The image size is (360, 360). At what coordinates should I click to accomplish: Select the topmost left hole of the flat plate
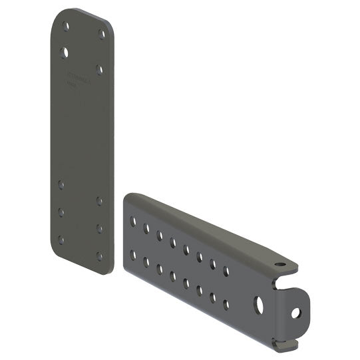[x=65, y=27]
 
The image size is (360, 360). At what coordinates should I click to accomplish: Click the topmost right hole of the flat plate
[x=101, y=33]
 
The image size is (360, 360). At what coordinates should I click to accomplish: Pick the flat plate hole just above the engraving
[x=99, y=69]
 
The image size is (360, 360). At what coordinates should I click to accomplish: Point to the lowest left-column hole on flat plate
[x=61, y=240]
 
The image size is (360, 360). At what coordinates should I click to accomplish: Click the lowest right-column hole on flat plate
[x=100, y=255]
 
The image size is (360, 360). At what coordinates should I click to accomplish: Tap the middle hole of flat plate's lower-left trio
[x=61, y=212]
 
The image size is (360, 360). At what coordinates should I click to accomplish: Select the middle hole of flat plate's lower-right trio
[x=100, y=228]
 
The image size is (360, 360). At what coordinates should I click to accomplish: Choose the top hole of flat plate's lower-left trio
[x=61, y=184]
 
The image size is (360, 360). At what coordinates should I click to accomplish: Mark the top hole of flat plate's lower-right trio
[x=99, y=200]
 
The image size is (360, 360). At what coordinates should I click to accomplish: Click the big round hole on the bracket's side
[x=258, y=304]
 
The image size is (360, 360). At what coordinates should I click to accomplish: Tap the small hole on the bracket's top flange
[x=280, y=265]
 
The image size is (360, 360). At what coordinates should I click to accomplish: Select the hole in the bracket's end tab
[x=295, y=312]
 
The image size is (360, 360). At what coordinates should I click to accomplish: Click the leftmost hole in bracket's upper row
[x=133, y=220]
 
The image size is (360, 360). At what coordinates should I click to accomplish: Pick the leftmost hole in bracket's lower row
[x=133, y=254]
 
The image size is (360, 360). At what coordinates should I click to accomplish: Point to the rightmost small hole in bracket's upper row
[x=226, y=271]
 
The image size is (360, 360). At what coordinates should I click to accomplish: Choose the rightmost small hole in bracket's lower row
[x=226, y=305]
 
